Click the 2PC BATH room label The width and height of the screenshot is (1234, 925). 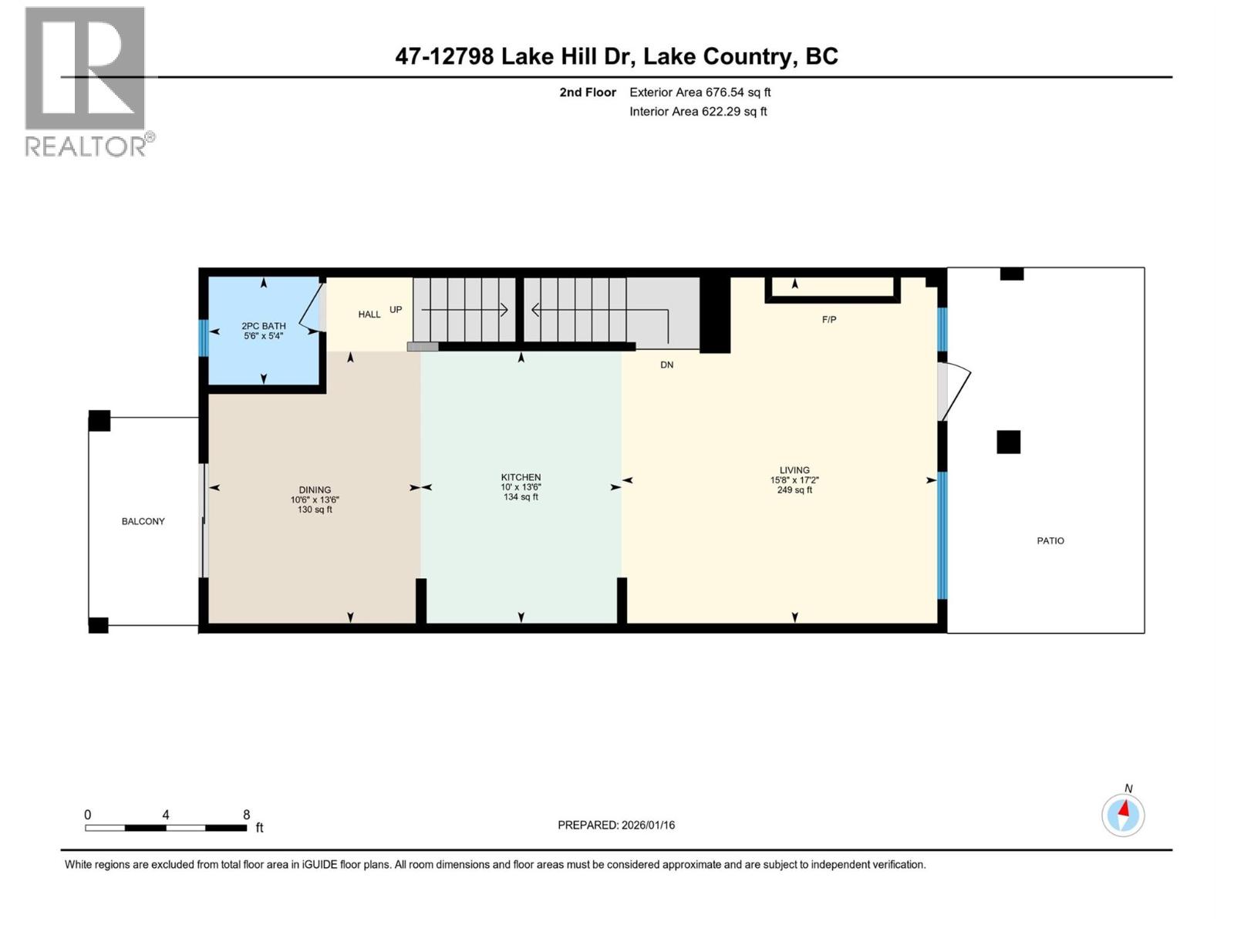tap(263, 326)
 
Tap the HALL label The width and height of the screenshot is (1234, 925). tap(369, 314)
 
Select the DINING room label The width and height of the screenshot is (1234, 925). tap(315, 490)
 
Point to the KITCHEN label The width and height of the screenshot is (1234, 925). tap(521, 478)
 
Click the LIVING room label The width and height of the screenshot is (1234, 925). tap(794, 470)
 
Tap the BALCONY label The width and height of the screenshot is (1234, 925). tap(143, 522)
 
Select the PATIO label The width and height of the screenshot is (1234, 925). tap(1050, 541)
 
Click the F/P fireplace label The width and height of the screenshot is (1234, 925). tap(829, 319)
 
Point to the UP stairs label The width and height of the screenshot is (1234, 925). tap(396, 310)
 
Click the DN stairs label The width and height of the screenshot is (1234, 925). tap(666, 365)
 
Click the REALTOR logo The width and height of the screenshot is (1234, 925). tap(86, 81)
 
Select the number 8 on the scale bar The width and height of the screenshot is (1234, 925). tap(246, 815)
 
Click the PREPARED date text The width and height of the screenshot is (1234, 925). tap(616, 825)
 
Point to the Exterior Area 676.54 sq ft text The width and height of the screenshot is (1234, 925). tap(700, 92)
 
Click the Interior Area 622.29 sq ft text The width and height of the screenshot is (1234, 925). tap(698, 112)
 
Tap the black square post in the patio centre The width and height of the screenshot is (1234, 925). tap(1008, 442)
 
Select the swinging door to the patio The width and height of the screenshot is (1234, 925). tap(953, 391)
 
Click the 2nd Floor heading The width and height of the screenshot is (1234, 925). tap(588, 92)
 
